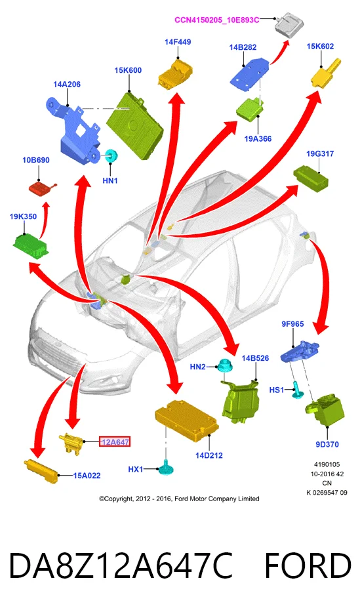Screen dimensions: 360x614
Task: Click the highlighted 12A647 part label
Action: click(x=114, y=441)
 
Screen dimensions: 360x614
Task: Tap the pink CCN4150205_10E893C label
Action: click(x=217, y=20)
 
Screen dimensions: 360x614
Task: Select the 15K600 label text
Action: click(x=128, y=70)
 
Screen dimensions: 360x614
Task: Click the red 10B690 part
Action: click(x=42, y=188)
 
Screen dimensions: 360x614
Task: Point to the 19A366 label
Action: click(x=258, y=138)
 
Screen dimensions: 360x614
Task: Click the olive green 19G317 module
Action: click(x=311, y=176)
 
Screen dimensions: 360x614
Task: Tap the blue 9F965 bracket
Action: click(x=300, y=351)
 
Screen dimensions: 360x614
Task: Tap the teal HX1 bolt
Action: click(x=166, y=467)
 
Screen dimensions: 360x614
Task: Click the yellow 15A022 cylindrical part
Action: click(x=41, y=471)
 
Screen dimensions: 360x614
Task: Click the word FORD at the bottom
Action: click(x=308, y=566)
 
